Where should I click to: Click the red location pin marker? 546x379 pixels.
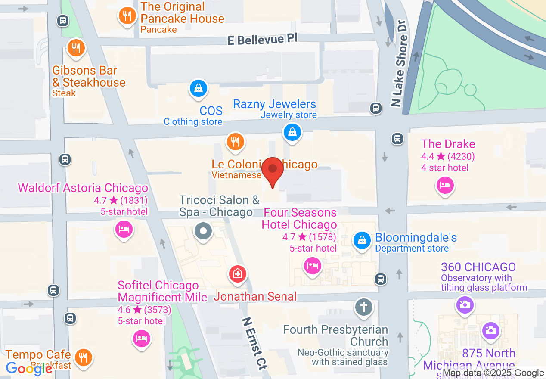coord(273,171)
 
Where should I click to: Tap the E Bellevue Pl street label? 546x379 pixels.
coord(262,40)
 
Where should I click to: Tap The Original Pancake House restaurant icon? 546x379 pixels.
coord(127,16)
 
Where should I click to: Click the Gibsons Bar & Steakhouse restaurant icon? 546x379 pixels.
coord(76,48)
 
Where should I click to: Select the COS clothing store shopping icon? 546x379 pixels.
coord(198,89)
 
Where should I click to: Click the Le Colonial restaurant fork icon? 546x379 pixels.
coord(235,141)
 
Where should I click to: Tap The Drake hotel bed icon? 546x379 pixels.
coord(445,186)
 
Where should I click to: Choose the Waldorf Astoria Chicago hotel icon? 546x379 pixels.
coord(124,229)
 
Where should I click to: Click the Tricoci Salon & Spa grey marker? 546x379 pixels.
coord(204,231)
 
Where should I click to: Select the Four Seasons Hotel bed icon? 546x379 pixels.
coord(312,265)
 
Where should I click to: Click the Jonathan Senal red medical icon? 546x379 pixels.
coord(237,273)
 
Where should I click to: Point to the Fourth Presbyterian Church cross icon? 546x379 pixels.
coord(364,307)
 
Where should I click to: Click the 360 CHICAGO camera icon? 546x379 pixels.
coord(465,305)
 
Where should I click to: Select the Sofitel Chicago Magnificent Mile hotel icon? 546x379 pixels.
coord(141,338)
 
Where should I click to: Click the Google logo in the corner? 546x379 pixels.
coord(29,368)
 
